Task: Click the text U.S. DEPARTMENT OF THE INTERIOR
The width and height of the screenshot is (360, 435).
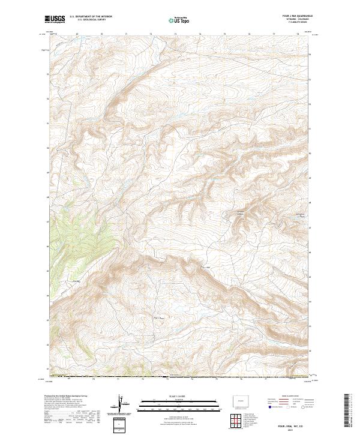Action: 92,17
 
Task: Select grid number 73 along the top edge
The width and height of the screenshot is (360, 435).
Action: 175,35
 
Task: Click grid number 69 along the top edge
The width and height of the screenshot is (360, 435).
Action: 77,35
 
